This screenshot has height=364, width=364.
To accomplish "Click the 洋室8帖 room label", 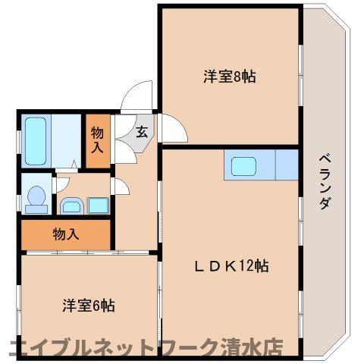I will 228,77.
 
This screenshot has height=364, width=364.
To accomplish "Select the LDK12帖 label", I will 230,266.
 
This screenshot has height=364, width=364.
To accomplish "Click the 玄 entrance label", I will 142,130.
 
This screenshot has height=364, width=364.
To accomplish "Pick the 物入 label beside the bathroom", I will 98,138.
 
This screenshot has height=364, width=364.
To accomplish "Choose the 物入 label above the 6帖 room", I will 65,234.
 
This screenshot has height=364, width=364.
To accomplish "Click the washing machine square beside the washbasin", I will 98,204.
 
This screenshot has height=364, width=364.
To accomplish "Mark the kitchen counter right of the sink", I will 287,165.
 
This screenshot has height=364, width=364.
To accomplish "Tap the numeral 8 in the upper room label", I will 239,77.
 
